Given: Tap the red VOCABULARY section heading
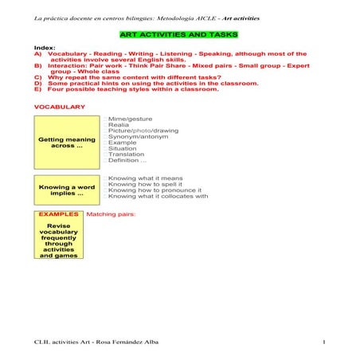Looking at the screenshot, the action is pos(59,106).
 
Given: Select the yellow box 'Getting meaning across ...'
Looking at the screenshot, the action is pos(67,142).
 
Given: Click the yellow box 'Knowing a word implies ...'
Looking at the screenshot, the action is pos(67,190).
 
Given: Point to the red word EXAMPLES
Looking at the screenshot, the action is pos(59,214).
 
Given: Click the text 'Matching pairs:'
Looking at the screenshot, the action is pos(111,214).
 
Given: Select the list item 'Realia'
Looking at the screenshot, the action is pos(119,124).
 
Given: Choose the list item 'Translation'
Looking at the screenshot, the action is pos(127,154).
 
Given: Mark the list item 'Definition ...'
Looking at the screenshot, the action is pos(127,160).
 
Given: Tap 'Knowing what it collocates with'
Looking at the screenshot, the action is pos(158,196).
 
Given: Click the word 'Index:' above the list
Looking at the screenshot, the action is pos(45,48).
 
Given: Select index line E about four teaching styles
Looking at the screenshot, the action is pos(126,89).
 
